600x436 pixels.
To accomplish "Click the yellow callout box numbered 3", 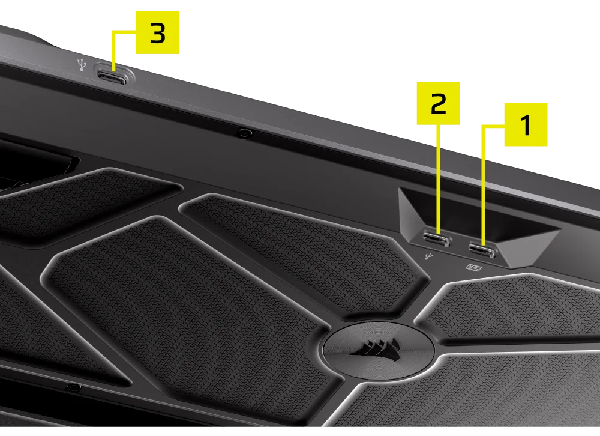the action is tap(158, 32).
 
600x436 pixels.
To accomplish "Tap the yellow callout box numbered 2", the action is tap(438, 103).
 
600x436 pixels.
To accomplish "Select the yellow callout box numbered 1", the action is tap(526, 124).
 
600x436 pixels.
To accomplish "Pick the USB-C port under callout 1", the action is tap(482, 251).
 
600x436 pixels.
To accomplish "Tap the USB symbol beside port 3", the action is tap(82, 65).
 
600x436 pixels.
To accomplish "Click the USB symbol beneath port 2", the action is tap(429, 256).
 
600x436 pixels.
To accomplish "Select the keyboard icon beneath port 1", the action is tap(474, 267).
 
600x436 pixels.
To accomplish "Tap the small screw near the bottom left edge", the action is tap(74, 387).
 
